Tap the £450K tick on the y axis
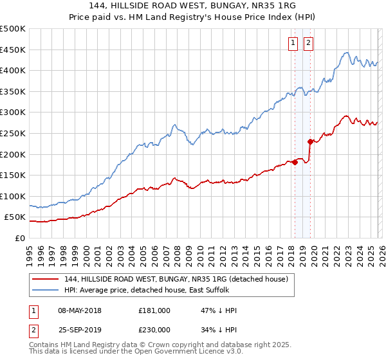coord(13,50)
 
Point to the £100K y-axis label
coord(13,196)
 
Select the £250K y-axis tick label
coord(13,133)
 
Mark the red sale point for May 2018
coord(295,162)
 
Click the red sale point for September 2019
coord(310,141)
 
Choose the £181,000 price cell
coord(154,310)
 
